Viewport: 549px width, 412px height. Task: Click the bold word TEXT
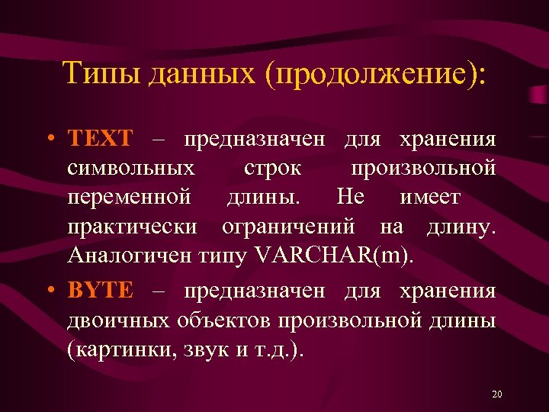(x=100, y=140)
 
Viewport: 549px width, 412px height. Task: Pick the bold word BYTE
(x=100, y=291)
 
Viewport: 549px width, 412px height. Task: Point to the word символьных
(x=130, y=167)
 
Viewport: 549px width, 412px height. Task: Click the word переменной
(x=129, y=198)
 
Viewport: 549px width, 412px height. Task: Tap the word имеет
(x=429, y=198)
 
